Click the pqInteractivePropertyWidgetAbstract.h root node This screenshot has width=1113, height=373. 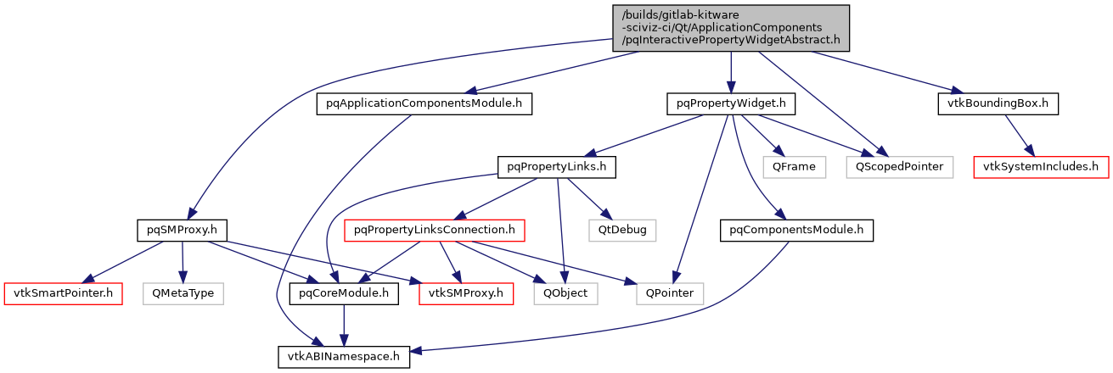point(731,27)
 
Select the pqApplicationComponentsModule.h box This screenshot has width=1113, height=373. point(424,104)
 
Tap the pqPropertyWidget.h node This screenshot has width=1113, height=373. point(730,104)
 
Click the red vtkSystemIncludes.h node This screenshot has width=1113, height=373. point(1041,167)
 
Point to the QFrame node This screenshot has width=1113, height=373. point(794,167)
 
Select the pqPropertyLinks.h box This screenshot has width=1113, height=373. point(556,167)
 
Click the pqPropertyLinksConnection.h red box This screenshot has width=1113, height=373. point(435,230)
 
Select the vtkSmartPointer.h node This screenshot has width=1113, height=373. point(64,294)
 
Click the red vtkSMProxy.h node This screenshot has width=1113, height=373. point(466,294)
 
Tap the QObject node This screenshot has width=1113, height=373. point(566,294)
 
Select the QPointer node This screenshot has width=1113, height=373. point(670,294)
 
